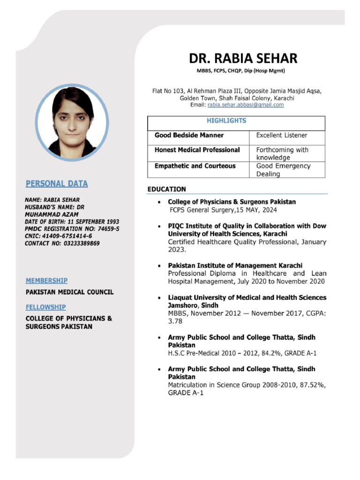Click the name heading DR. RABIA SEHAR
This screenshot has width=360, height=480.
tap(243, 58)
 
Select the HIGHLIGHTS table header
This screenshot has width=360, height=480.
tap(226, 121)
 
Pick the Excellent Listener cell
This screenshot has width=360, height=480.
tap(282, 135)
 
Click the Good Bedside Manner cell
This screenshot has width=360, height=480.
tap(189, 135)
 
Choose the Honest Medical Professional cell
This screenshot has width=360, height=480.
tap(197, 150)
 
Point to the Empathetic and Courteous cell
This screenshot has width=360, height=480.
tap(195, 166)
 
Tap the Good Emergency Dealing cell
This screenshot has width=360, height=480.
tap(283, 170)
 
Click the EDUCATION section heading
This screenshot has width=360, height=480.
tap(167, 189)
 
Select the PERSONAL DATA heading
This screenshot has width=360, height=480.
tap(56, 184)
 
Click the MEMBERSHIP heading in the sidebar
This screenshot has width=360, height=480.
tap(46, 280)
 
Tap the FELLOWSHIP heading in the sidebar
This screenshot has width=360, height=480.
tap(45, 307)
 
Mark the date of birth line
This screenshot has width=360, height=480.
tap(72, 221)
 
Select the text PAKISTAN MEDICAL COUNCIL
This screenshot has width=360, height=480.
tap(69, 292)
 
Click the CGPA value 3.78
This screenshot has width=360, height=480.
tap(175, 322)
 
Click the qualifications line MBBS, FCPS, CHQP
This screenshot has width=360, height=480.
tap(240, 71)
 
